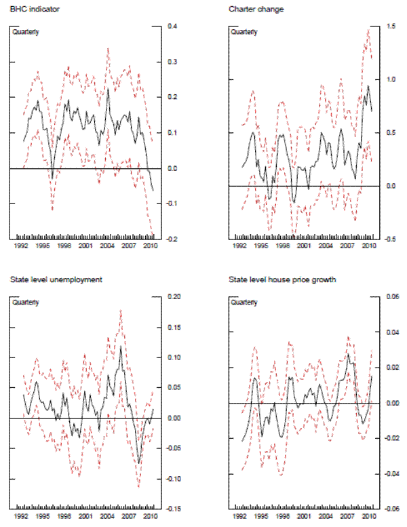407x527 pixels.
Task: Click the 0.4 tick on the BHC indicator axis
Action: pos(172,26)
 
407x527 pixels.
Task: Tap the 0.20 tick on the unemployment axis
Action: pos(174,296)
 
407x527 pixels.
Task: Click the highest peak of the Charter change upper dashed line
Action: pos(368,28)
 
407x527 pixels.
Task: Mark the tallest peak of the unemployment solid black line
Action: pos(121,347)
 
